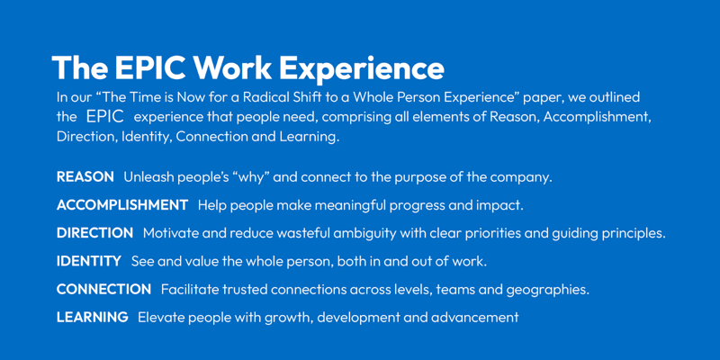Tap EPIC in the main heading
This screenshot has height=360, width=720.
pyautogui.click(x=150, y=68)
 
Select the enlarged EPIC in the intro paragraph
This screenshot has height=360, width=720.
pyautogui.click(x=104, y=117)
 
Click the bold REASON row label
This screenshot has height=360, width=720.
pyautogui.click(x=85, y=177)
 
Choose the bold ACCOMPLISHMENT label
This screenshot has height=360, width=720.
pyautogui.click(x=122, y=205)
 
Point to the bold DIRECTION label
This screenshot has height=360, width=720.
pyautogui.click(x=94, y=233)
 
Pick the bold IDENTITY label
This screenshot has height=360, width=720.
pyautogui.click(x=88, y=261)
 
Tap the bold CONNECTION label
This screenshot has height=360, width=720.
pyautogui.click(x=103, y=289)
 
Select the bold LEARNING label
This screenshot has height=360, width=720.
pyautogui.click(x=93, y=318)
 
